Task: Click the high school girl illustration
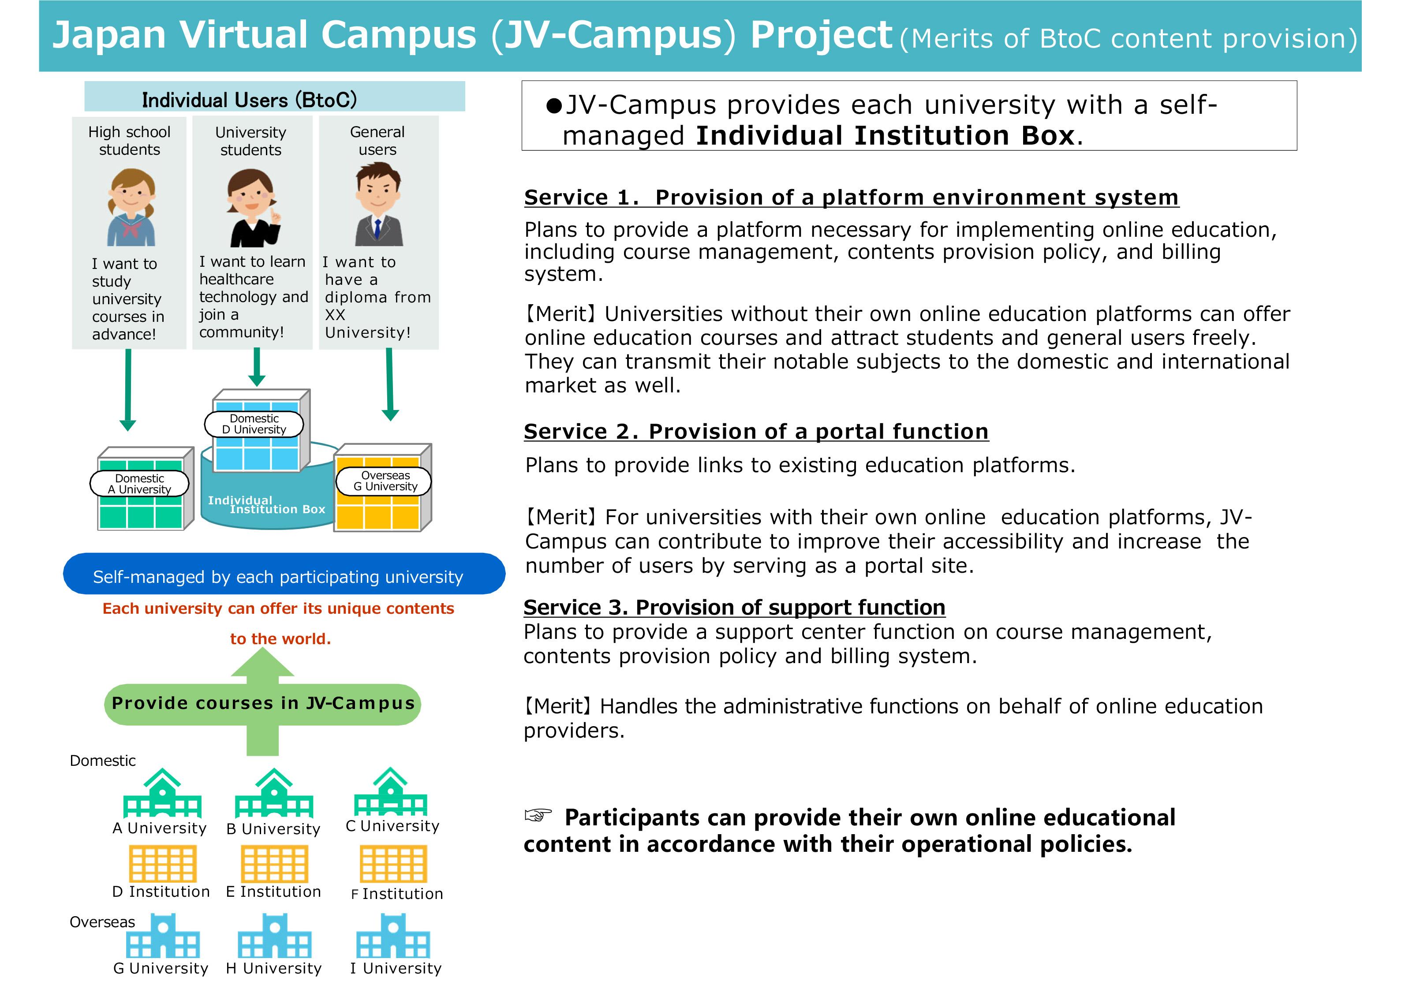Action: coord(131,208)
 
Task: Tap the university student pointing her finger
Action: coord(252,208)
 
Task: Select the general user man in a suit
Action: coord(378,208)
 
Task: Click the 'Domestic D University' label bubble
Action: coord(254,424)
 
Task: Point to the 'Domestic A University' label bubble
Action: coord(139,484)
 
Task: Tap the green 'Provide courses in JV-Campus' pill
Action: coord(263,704)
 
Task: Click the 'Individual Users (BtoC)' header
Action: coord(249,100)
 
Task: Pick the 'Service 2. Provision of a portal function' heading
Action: coord(756,432)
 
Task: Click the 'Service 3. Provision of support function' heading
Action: coord(734,607)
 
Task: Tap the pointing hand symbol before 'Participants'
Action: coord(538,815)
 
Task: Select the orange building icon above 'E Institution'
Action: coord(274,864)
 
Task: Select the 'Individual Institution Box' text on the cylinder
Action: coord(266,505)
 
